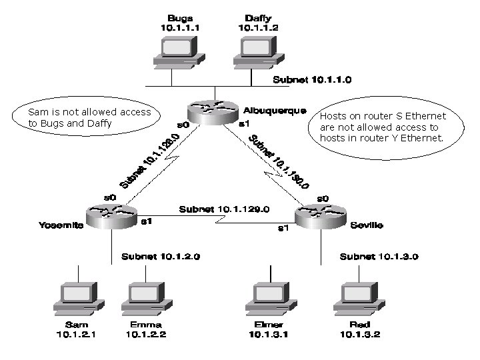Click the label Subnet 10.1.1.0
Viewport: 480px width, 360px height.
click(312, 79)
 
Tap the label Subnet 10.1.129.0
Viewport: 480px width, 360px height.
click(224, 209)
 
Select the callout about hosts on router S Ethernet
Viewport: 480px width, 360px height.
click(383, 127)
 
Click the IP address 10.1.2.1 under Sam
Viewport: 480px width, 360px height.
click(77, 335)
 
